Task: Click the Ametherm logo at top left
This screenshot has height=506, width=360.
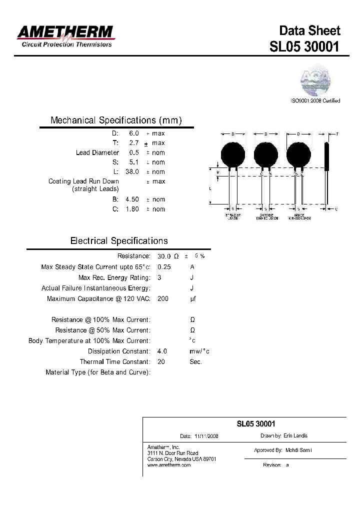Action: (65, 36)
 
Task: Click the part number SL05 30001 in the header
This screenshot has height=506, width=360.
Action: (304, 47)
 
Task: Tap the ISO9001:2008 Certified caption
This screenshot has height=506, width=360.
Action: (315, 100)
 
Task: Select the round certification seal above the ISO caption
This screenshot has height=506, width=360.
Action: (315, 80)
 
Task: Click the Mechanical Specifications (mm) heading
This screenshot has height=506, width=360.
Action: (116, 120)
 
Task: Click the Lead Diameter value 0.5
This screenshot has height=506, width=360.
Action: (134, 152)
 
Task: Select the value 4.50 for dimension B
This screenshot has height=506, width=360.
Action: (131, 199)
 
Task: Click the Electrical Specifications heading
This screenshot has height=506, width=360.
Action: (119, 241)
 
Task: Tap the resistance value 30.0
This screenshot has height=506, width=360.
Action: (164, 256)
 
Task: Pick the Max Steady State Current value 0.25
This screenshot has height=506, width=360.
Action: (164, 267)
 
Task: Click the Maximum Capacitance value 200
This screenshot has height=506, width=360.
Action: (163, 298)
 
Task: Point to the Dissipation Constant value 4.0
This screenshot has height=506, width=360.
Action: (162, 351)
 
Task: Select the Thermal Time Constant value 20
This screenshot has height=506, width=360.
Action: (161, 361)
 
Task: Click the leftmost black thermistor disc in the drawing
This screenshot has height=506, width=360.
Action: (232, 153)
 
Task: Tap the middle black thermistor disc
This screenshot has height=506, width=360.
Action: (265, 153)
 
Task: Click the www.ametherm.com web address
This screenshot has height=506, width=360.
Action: (169, 465)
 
